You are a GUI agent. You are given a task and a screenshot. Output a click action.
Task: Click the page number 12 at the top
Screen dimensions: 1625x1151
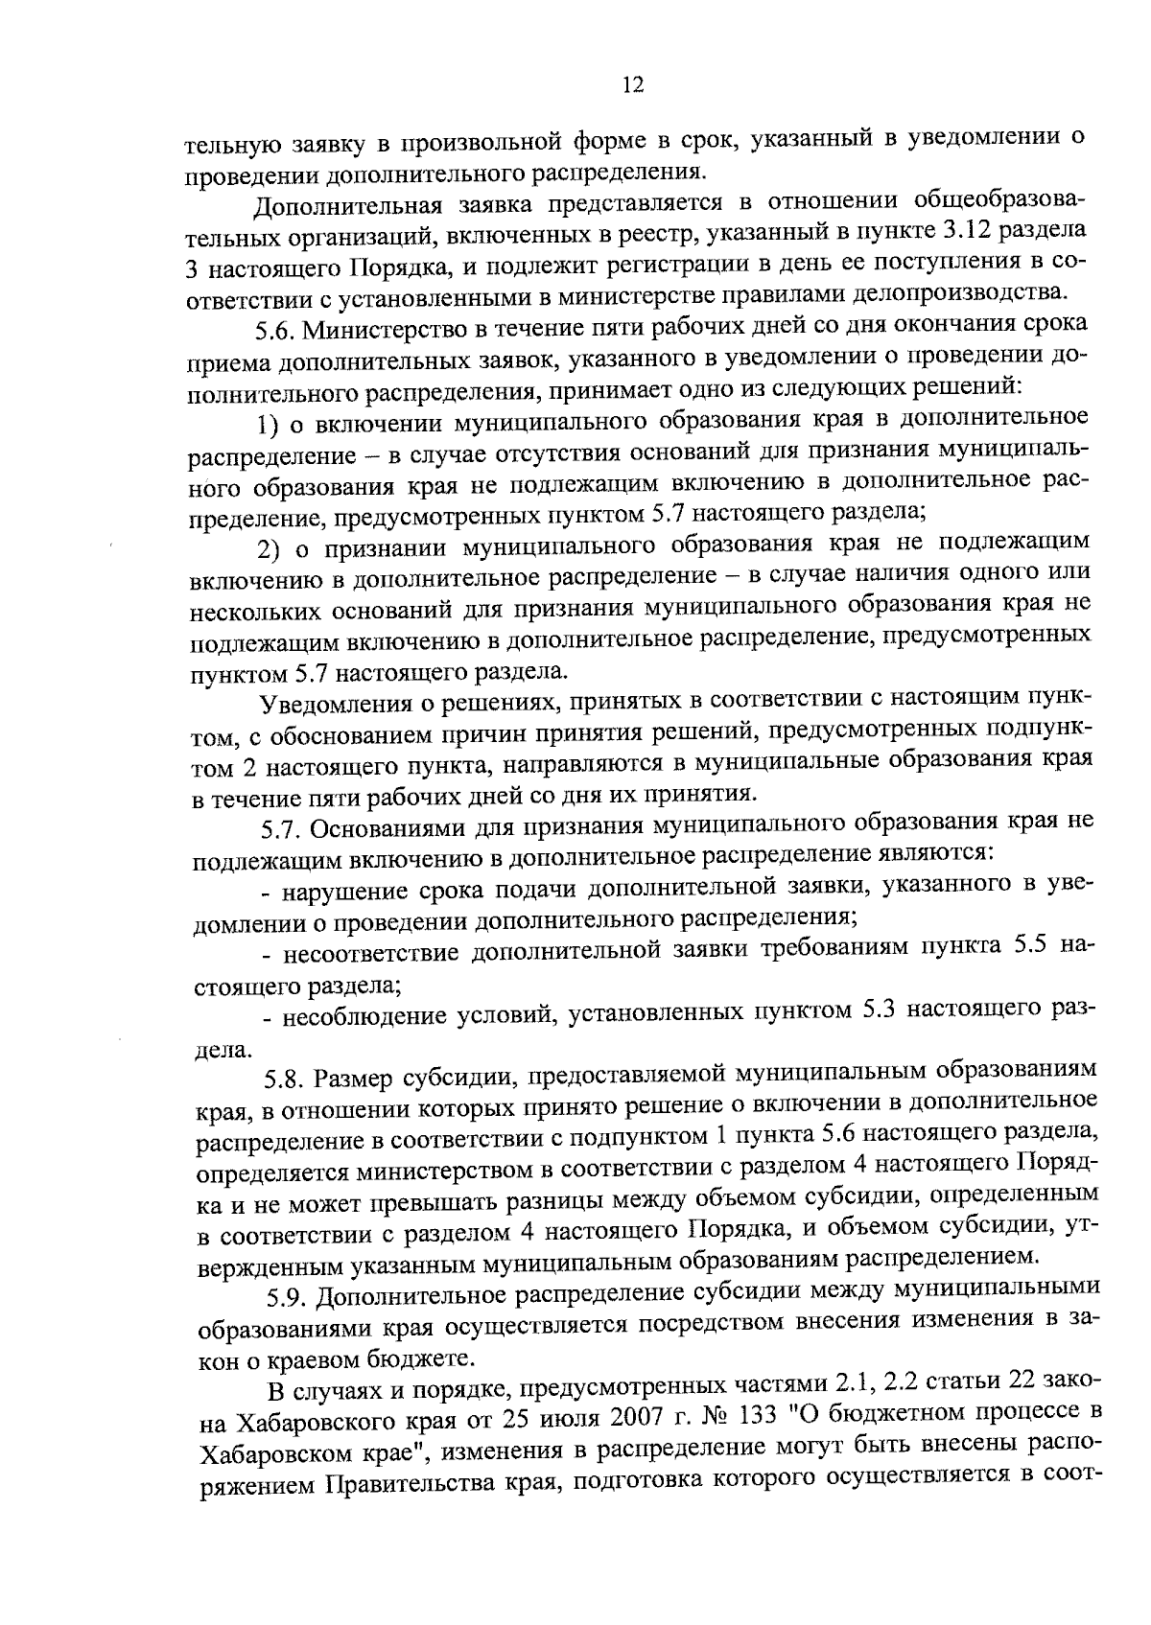coord(631,85)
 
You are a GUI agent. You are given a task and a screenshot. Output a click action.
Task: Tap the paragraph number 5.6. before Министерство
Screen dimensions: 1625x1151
coord(279,329)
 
